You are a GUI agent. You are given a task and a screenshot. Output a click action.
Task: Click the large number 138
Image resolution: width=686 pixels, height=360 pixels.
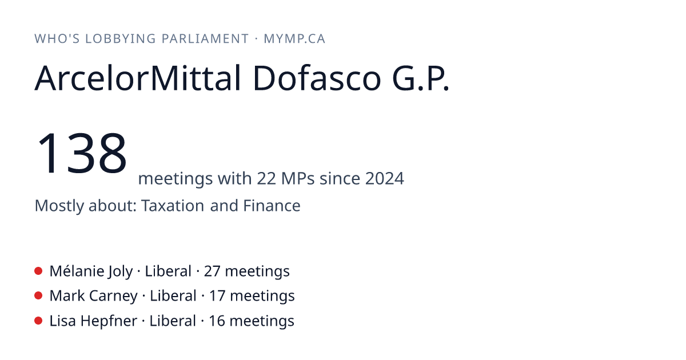pos(81,153)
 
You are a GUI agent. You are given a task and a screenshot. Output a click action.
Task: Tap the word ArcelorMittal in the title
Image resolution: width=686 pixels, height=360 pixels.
pos(138,78)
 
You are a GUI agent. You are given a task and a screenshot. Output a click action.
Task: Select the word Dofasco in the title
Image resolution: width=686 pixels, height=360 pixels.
pos(317,78)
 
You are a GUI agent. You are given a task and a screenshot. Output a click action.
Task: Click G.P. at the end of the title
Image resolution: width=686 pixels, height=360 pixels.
pos(421,78)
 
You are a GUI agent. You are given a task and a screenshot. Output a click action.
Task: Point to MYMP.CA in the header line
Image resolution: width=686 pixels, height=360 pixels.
pos(294,39)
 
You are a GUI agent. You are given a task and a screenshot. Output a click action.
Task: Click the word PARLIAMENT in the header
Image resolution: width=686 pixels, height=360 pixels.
pos(205,39)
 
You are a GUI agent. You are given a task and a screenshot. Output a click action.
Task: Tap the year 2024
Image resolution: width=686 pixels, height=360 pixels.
pos(384,178)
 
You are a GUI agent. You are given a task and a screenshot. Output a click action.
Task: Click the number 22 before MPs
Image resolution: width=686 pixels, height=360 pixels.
pos(266,178)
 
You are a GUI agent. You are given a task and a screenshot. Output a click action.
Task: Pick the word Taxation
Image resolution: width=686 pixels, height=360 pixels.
pos(173,205)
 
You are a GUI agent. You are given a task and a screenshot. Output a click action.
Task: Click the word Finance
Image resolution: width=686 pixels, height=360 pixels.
pos(272,205)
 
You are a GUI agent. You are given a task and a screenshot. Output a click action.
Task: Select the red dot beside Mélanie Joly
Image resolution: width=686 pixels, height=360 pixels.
pos(38,271)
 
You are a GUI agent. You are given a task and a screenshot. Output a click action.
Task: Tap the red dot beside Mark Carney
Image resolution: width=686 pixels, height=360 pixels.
pos(38,295)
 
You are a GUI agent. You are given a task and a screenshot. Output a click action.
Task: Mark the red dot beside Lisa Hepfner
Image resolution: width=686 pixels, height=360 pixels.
pos(38,321)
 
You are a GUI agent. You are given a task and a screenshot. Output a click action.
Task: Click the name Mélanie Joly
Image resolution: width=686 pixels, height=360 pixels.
pos(91,271)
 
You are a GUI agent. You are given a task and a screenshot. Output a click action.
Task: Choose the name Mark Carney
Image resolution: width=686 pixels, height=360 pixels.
pos(94,296)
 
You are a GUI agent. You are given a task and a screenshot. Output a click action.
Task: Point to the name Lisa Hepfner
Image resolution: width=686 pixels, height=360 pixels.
pos(93,321)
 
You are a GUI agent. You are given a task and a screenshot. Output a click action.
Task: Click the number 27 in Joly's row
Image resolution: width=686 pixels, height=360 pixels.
pos(212,271)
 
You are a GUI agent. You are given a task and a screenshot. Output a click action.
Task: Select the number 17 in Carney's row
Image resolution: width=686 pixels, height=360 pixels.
pos(217,296)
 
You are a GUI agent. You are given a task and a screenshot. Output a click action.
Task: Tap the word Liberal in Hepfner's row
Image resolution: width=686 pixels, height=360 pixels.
pos(173,321)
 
